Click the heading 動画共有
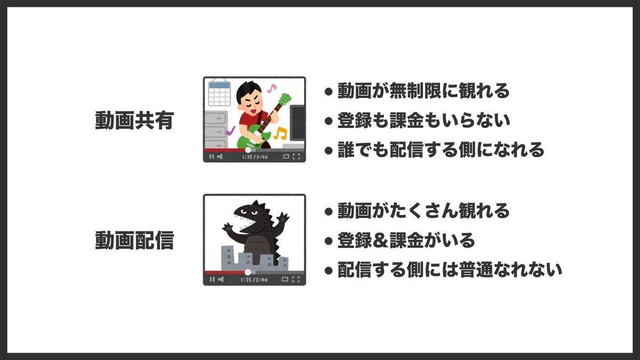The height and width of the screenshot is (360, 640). click(x=134, y=121)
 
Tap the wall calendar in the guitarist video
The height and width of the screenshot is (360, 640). click(x=219, y=94)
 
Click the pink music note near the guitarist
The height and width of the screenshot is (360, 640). click(x=272, y=87)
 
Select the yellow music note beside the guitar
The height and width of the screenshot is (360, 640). click(x=280, y=133)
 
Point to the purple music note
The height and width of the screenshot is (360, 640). click(x=230, y=130)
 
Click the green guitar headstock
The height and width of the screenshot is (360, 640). click(x=285, y=99)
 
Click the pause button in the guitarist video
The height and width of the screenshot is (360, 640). click(x=211, y=157)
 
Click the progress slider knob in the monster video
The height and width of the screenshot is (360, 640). click(x=248, y=272)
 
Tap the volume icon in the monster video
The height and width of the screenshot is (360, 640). click(x=219, y=279)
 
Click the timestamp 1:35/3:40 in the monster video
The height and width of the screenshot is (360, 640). click(x=254, y=279)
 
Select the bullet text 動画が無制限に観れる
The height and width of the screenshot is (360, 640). click(x=423, y=91)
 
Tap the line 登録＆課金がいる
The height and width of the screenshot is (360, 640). click(x=406, y=241)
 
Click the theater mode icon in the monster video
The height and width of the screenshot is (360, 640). click(x=286, y=279)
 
